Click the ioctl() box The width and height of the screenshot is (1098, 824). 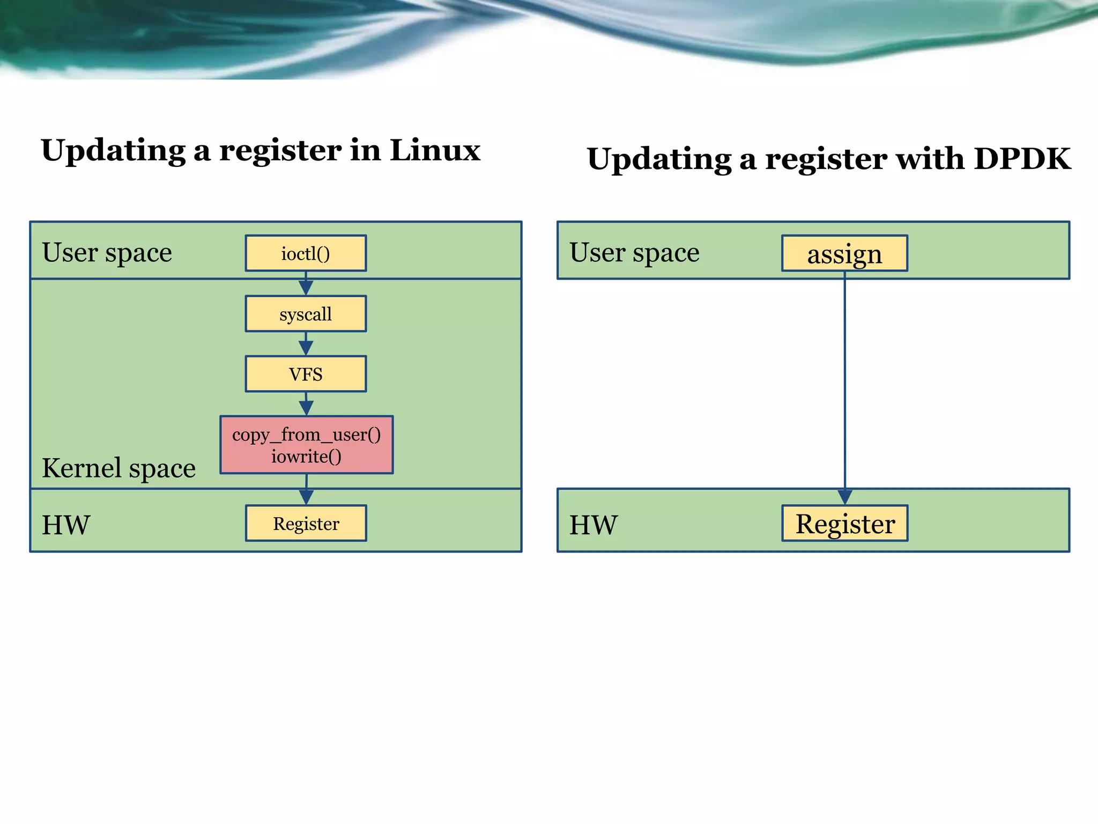306,253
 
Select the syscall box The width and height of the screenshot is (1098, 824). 306,314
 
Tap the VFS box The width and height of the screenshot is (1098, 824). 306,374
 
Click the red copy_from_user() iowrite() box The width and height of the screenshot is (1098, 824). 306,445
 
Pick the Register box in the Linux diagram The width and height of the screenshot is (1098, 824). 306,523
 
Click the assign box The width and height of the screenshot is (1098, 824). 844,253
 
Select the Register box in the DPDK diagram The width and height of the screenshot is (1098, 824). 844,523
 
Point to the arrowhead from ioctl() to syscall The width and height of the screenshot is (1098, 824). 306,288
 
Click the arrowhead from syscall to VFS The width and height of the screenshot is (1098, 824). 306,348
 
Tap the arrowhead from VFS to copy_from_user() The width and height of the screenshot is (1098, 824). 306,408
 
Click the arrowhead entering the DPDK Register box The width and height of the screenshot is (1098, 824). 845,497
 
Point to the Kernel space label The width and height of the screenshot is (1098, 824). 118,468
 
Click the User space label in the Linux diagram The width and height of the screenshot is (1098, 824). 107,252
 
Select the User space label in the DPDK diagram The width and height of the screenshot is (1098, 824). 634,252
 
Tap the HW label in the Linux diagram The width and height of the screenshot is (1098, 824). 66,525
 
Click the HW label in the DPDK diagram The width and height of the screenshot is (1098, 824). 593,525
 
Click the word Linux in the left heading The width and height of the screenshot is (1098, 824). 434,150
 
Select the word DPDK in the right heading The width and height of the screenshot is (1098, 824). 1022,159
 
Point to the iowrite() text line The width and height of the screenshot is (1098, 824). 306,457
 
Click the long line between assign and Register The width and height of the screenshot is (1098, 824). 845,381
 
